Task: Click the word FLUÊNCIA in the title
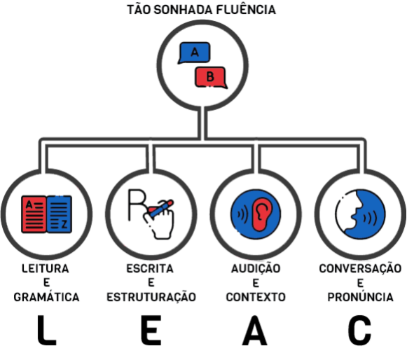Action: [246, 10]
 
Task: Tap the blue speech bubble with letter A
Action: [194, 53]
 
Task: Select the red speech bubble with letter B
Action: [211, 77]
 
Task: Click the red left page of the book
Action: [34, 214]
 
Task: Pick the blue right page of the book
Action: [59, 214]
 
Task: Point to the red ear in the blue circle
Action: [261, 214]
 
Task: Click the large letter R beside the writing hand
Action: [137, 205]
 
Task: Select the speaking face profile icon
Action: [361, 214]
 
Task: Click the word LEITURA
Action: [46, 269]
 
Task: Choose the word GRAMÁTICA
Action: [46, 297]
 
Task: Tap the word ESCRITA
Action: [150, 269]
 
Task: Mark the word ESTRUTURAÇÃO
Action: [151, 297]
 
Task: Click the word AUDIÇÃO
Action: [256, 268]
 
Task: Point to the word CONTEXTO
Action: [256, 297]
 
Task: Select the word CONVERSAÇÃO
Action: [360, 269]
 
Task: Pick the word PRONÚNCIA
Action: [360, 297]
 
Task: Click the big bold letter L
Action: [47, 330]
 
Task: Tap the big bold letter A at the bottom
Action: [254, 330]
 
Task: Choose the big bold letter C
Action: [359, 330]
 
